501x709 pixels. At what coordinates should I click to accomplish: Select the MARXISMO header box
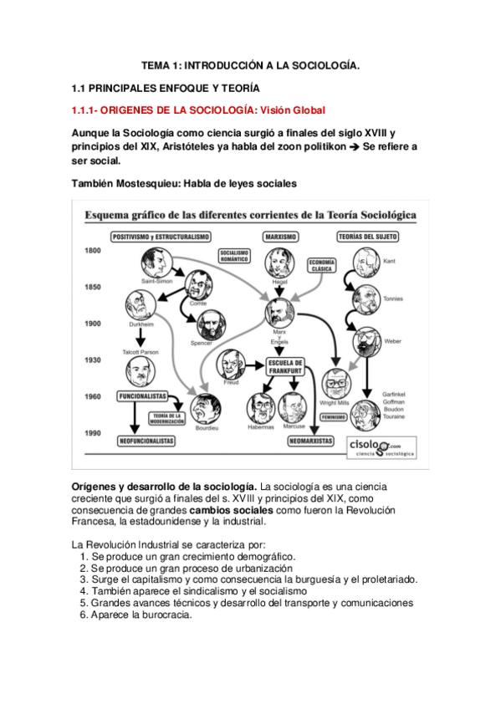280,237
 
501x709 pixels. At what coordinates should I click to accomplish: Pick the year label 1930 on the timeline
92,360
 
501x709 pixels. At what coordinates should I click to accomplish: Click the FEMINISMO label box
334,415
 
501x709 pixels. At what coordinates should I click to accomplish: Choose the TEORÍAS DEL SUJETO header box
367,237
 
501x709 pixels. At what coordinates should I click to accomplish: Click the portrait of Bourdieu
205,410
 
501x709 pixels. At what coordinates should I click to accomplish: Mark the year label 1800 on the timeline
92,251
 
